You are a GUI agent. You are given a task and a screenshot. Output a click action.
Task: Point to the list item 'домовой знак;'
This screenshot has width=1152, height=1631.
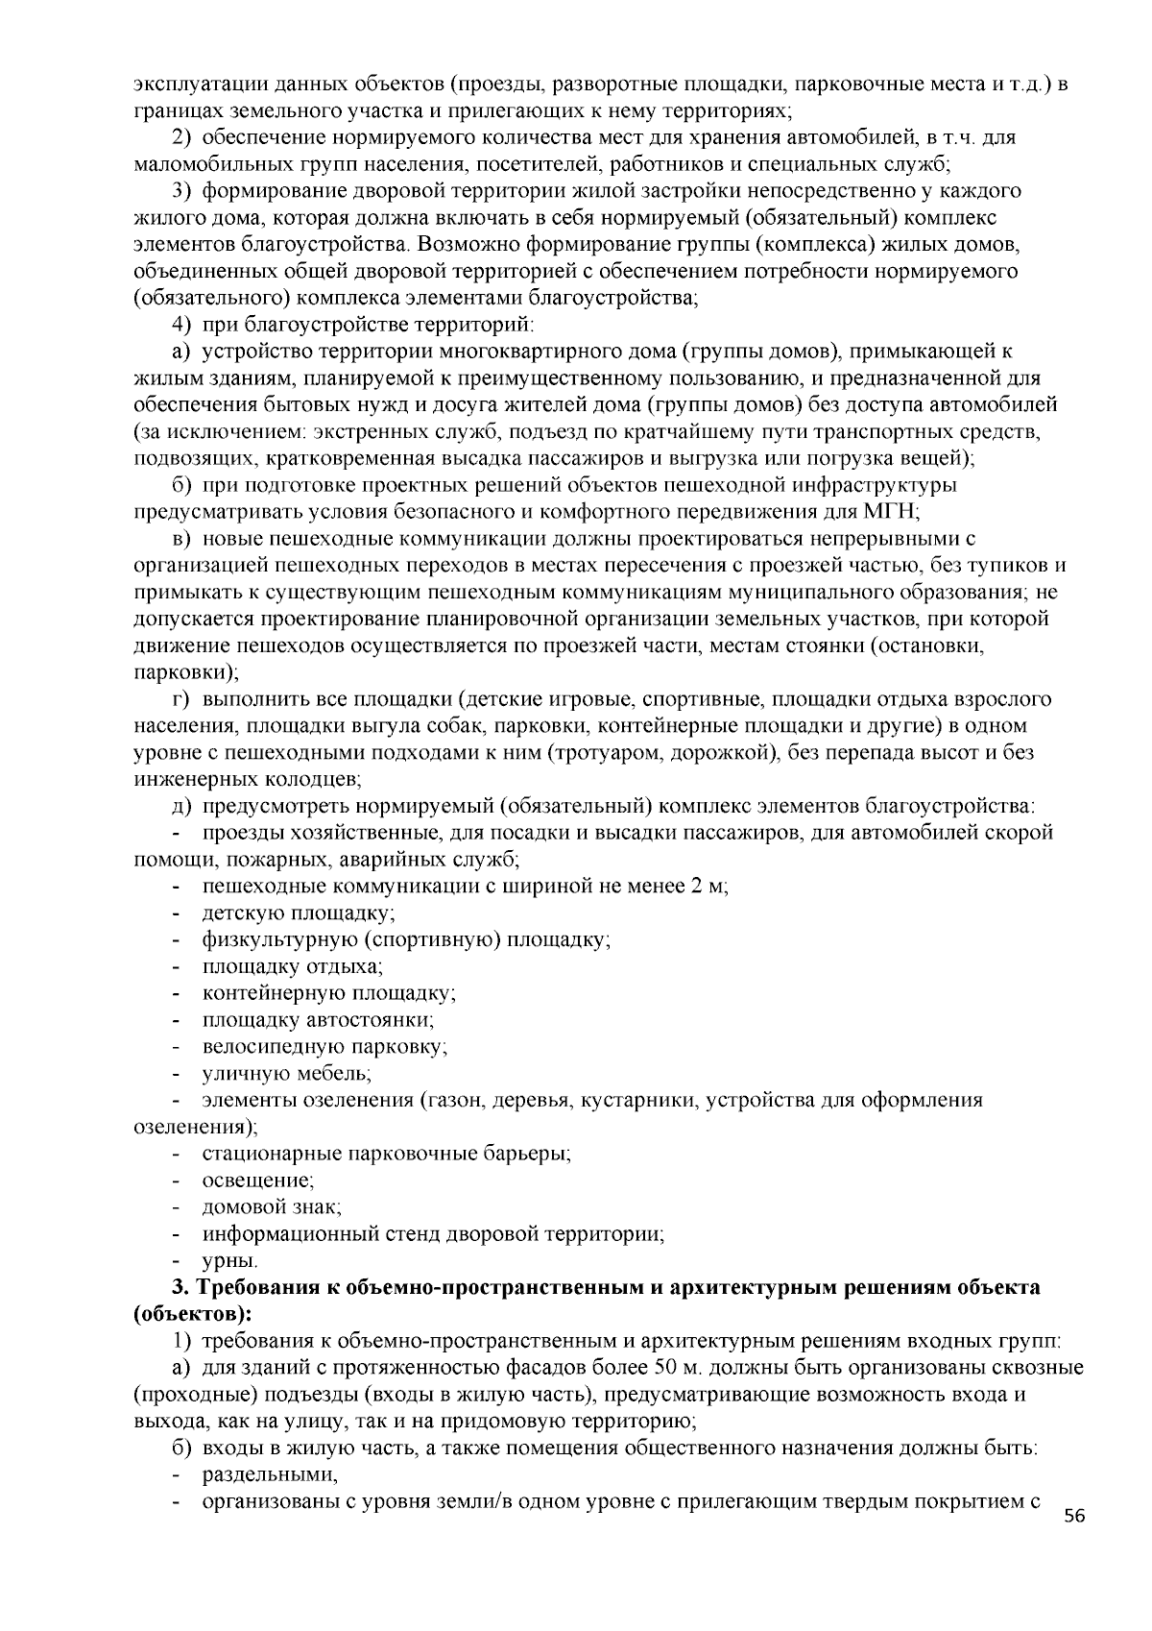(272, 1205)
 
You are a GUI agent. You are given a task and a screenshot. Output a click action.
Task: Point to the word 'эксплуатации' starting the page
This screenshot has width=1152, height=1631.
(190, 85)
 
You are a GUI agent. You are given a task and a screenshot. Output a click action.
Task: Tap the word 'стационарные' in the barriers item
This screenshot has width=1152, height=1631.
(263, 1152)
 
